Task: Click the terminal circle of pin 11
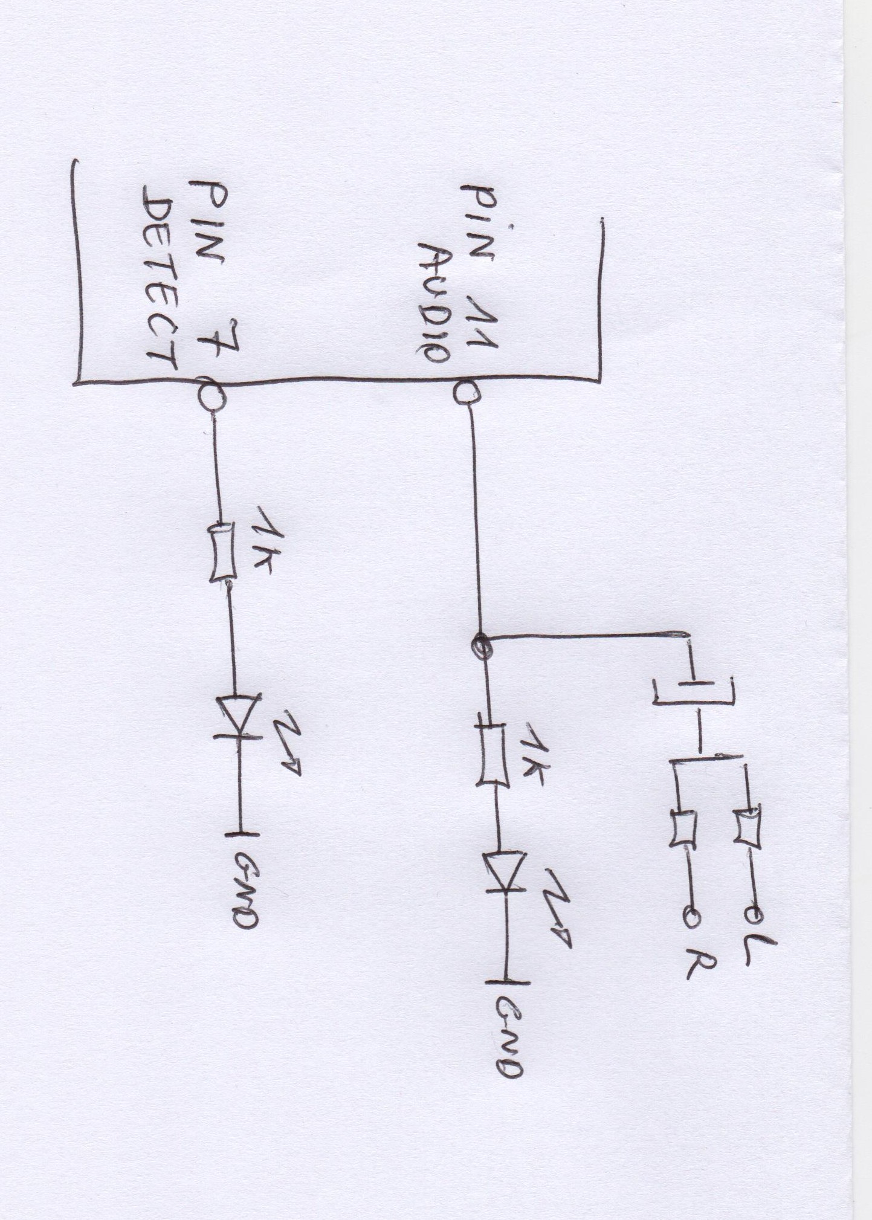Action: pos(465,393)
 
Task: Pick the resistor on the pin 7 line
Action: pos(221,552)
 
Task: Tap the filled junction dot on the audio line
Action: pos(481,646)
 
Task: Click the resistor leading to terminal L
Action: pos(747,825)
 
